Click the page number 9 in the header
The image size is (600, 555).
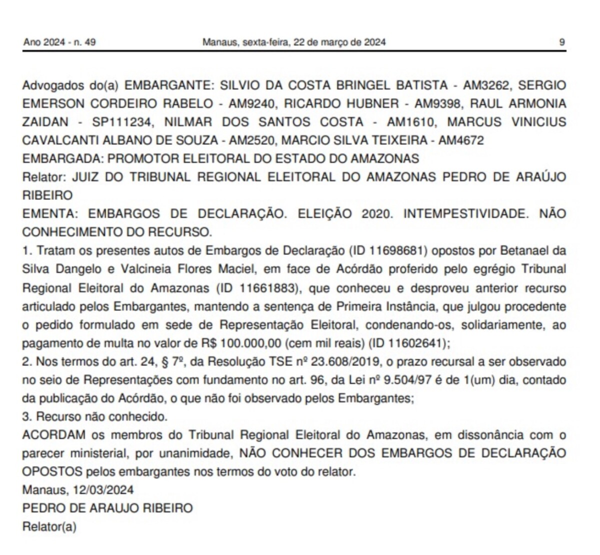(562, 42)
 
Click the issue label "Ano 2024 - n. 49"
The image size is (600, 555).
(59, 42)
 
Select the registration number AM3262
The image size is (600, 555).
(486, 85)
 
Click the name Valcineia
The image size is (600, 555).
(145, 269)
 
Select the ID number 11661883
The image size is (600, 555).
(268, 287)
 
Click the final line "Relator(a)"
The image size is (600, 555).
(49, 526)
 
